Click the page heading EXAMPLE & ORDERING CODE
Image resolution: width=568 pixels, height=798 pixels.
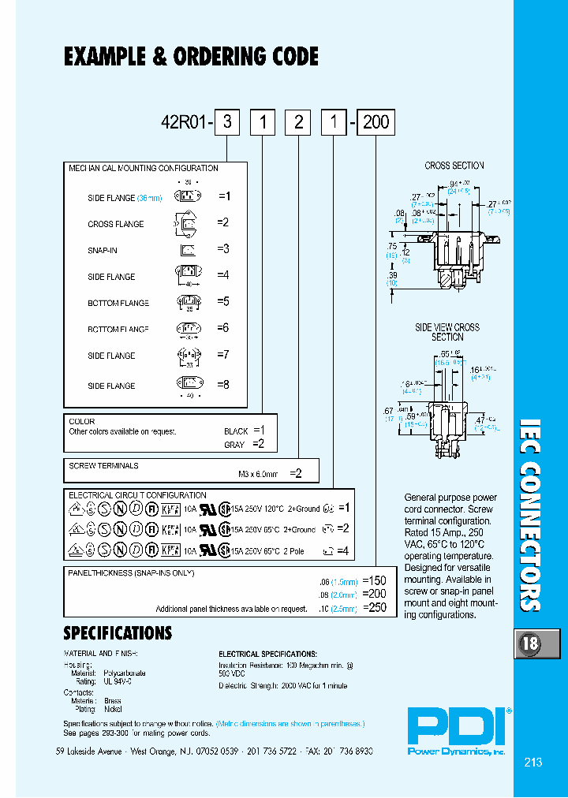point(191,57)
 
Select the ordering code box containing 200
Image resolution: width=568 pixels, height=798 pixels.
point(376,122)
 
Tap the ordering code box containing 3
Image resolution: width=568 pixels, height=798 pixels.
point(228,122)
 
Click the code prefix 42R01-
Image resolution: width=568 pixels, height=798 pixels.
point(187,123)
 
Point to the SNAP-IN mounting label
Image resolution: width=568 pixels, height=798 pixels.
point(103,250)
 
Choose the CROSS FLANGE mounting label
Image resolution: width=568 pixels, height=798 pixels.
point(115,224)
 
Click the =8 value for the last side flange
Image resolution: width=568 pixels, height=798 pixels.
point(223,384)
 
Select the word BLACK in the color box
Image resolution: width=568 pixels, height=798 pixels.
point(236,431)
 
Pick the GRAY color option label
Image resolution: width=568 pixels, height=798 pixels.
point(234,445)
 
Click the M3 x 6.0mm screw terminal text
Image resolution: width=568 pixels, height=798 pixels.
point(259,475)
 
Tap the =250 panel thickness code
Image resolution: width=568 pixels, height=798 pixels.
point(374,608)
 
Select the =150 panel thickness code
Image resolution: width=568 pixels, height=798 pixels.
point(374,580)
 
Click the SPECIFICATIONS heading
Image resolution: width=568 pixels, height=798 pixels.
point(117,633)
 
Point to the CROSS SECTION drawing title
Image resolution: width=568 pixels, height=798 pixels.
point(454,166)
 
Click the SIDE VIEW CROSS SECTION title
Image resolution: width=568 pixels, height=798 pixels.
point(447,332)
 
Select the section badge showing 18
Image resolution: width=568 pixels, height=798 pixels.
point(529,643)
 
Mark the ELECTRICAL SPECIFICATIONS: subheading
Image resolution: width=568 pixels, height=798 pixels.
point(267,654)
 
